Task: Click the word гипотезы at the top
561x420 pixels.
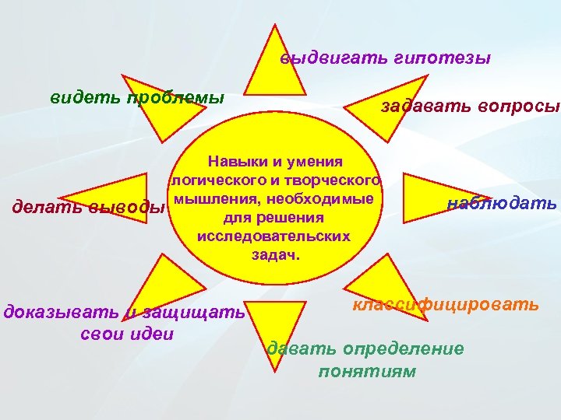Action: [x=451, y=58]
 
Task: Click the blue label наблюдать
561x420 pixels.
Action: [x=502, y=205]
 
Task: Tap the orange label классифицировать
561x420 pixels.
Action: [x=445, y=304]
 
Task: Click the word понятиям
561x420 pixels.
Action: [x=367, y=371]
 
